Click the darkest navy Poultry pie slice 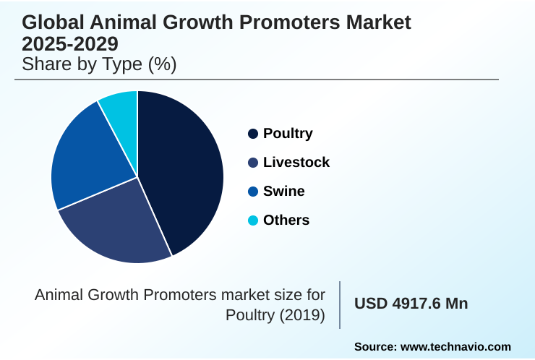pyautogui.click(x=184, y=170)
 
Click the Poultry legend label pyautogui.click(x=288, y=134)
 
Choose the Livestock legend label pyautogui.click(x=296, y=163)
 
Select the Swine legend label pyautogui.click(x=283, y=192)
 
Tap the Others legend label pyautogui.click(x=286, y=220)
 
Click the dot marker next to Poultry pyautogui.click(x=253, y=134)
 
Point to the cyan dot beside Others pyautogui.click(x=253, y=220)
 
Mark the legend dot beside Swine pyautogui.click(x=253, y=192)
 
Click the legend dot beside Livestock pyautogui.click(x=253, y=163)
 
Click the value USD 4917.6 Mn pyautogui.click(x=411, y=304)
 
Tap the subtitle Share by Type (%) pyautogui.click(x=100, y=64)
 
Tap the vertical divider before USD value pyautogui.click(x=340, y=304)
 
